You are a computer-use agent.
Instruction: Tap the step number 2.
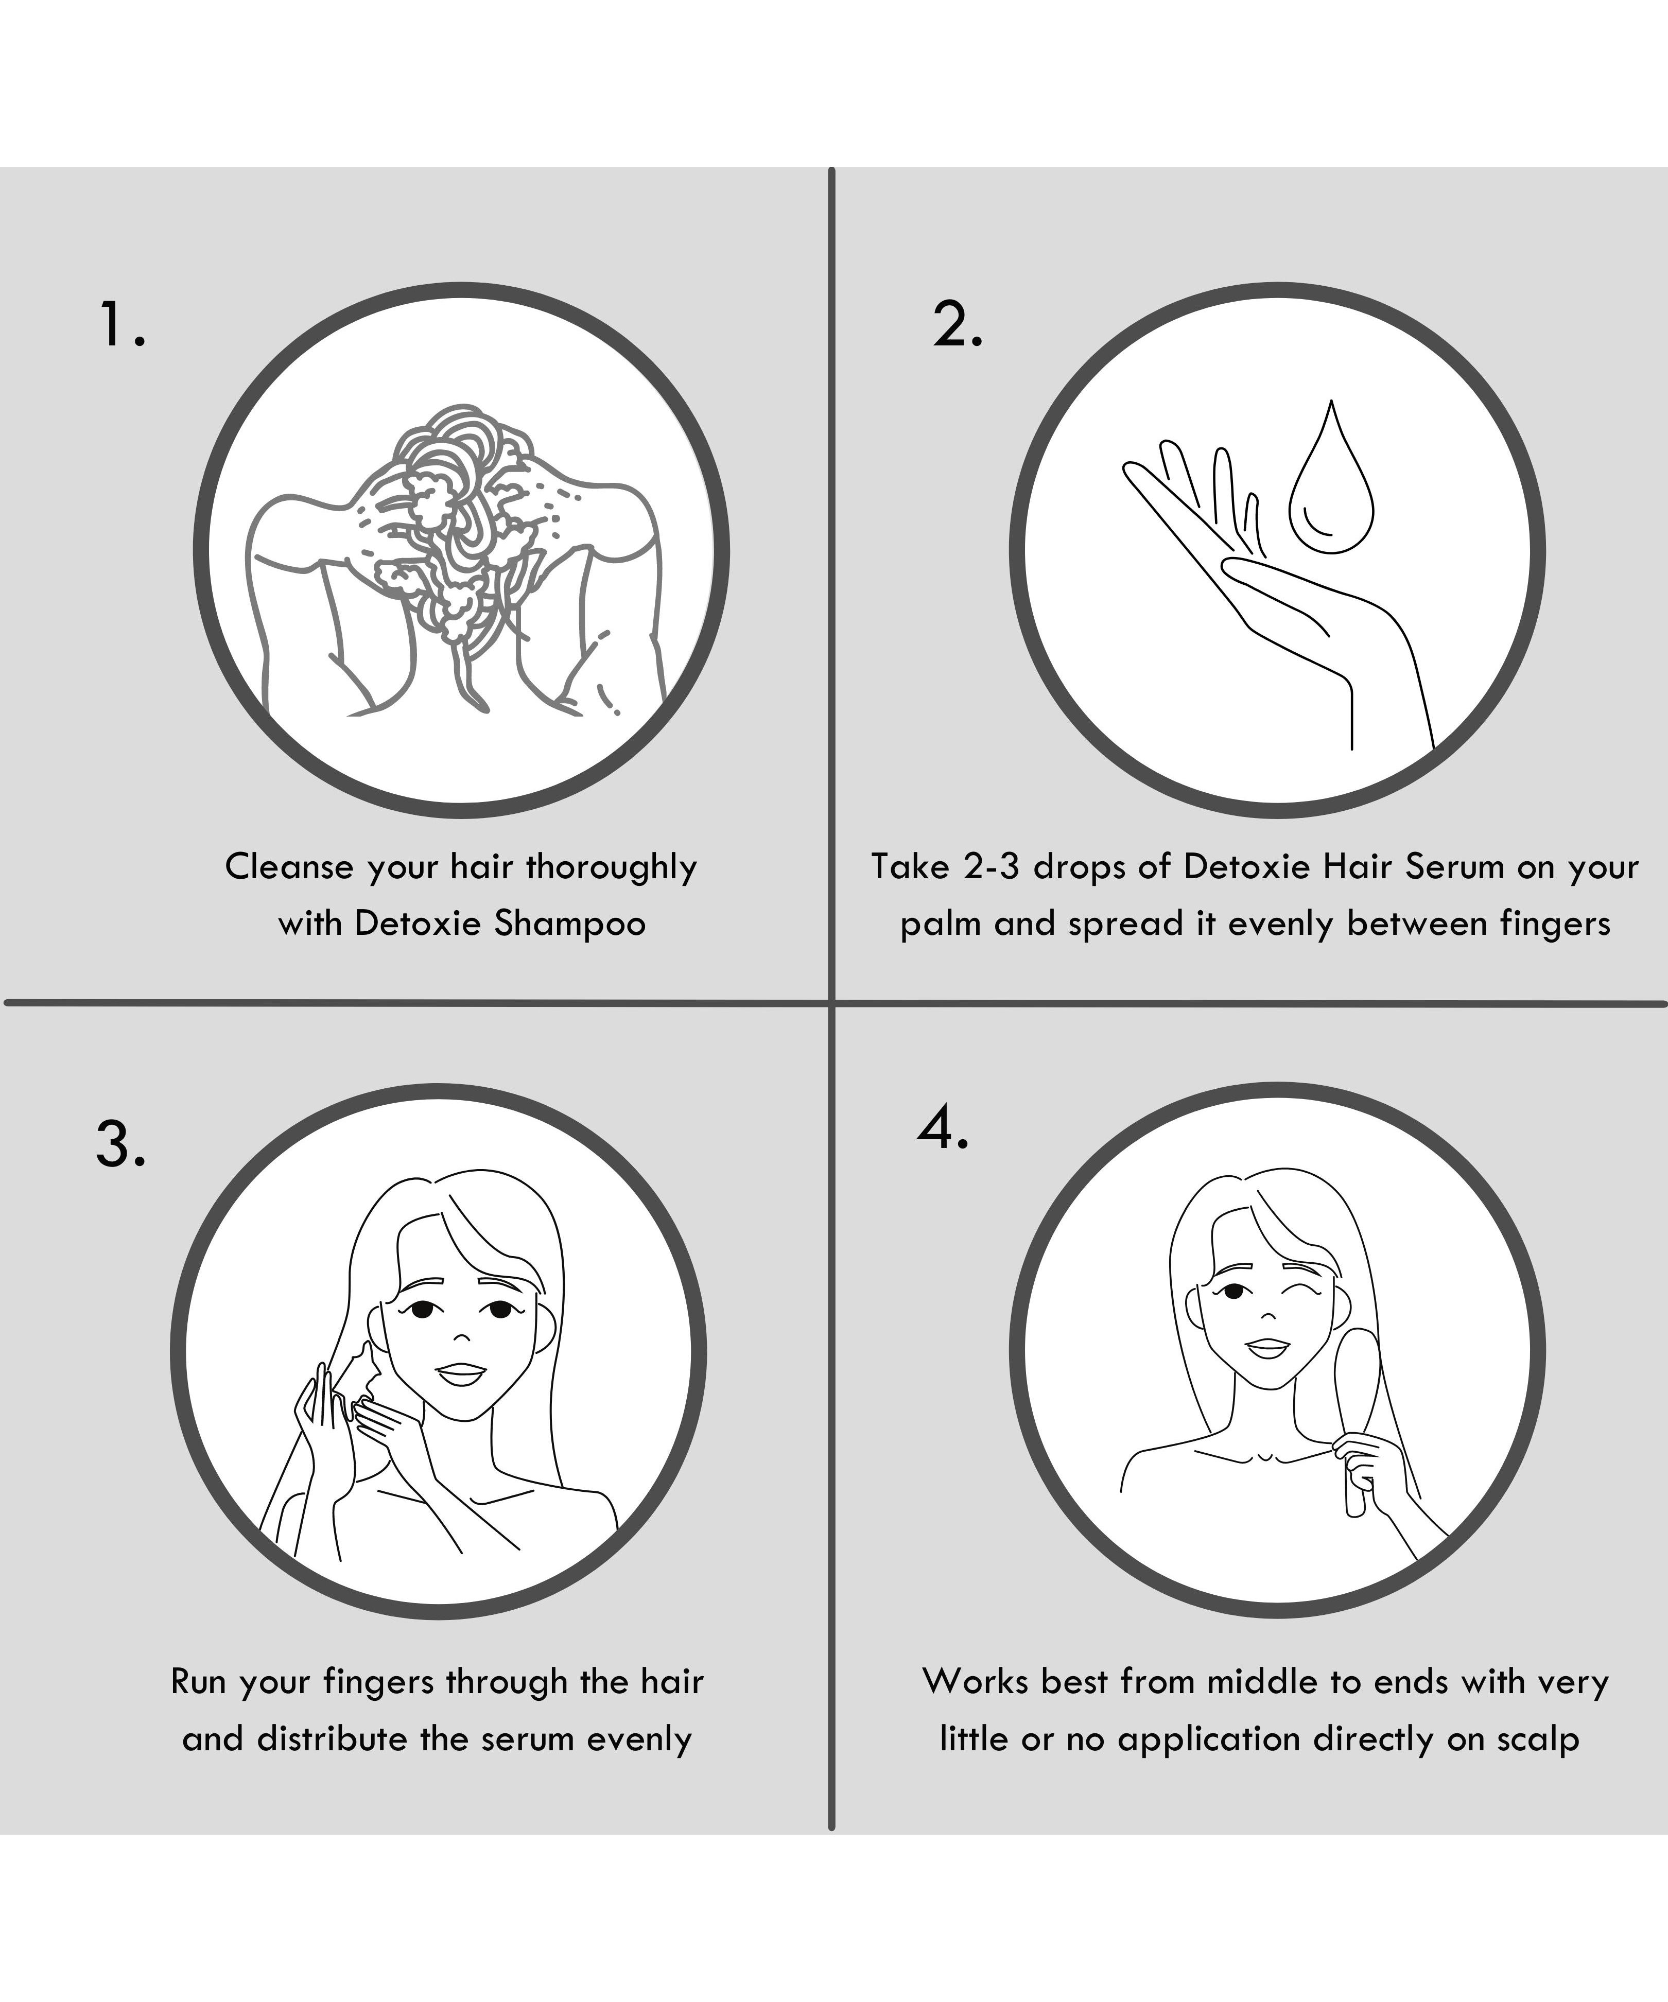click(x=957, y=324)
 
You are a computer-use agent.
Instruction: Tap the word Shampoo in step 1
click(x=569, y=924)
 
